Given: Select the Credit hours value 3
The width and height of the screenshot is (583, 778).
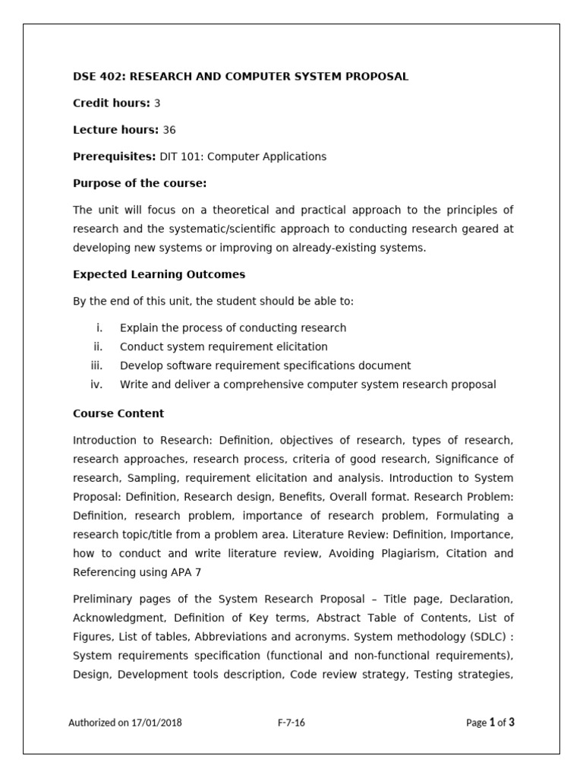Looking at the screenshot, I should [157, 103].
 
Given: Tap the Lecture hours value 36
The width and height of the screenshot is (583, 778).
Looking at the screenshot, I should [169, 130].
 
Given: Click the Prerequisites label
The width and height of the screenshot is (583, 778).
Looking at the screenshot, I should [114, 157].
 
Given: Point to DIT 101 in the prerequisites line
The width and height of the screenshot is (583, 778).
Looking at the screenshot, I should [179, 157].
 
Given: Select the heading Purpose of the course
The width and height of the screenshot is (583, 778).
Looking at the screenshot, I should [140, 183].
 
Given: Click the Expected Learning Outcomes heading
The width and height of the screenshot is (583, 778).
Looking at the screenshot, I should [159, 274].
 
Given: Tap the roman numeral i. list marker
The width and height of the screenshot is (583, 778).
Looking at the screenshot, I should [99, 327].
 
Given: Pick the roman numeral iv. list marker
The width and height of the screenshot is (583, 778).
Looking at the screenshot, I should [96, 384].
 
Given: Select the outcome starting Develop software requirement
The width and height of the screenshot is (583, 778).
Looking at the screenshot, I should [265, 365].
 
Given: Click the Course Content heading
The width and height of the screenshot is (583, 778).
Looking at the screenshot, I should [118, 413].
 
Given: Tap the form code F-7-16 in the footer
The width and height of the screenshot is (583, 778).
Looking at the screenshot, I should [291, 723].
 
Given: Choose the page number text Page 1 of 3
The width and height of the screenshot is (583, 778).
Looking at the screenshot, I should [490, 723].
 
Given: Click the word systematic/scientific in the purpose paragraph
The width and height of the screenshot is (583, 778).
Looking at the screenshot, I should [218, 229].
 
